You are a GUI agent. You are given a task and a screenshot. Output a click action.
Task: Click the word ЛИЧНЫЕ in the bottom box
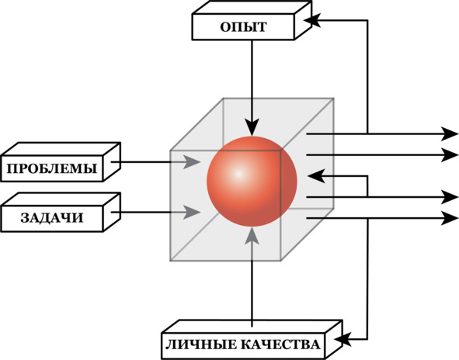tap(201, 344)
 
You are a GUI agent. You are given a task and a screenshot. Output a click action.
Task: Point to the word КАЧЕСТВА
tap(280, 344)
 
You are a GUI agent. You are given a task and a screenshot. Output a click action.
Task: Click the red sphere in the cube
tap(252, 182)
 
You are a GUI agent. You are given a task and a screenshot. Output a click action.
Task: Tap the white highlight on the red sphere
tap(239, 174)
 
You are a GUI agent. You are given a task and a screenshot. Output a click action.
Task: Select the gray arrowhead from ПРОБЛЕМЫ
tap(192, 161)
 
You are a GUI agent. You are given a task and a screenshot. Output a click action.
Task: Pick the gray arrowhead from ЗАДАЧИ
tap(192, 212)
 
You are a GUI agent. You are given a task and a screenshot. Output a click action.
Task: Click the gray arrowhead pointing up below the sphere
tap(252, 235)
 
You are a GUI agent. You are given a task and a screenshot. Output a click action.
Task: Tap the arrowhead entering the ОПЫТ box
tap(312, 20)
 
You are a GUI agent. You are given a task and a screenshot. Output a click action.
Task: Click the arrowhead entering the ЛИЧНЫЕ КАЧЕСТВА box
tap(343, 340)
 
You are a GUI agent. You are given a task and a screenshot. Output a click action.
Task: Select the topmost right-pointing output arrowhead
tap(450, 134)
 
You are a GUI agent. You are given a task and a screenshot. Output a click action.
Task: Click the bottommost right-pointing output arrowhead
tap(450, 218)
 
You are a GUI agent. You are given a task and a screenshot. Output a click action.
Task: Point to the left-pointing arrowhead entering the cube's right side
tap(316, 176)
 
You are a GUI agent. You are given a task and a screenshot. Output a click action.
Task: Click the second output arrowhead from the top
tap(450, 154)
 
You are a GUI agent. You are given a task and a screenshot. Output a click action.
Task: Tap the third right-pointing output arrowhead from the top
tap(450, 197)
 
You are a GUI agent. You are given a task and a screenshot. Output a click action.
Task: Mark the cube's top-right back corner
tap(333, 99)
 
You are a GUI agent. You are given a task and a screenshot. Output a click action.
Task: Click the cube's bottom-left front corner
tap(170, 260)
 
